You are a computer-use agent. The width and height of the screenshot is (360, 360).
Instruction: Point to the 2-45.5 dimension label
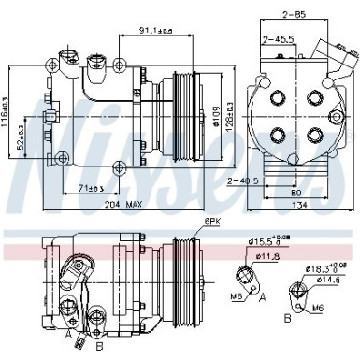[279, 39]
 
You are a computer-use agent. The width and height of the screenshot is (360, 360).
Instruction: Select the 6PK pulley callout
[210, 221]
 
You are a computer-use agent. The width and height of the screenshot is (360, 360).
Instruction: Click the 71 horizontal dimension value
[88, 188]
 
